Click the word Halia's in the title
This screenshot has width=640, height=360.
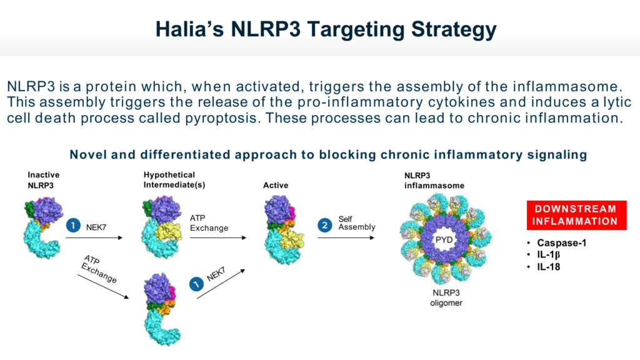click(x=189, y=29)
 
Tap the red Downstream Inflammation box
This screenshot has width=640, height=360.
click(x=576, y=215)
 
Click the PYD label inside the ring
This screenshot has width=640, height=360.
click(x=444, y=239)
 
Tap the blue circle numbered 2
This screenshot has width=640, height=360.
click(x=325, y=225)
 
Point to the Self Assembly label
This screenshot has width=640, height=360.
click(x=357, y=223)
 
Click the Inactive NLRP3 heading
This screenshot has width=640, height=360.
click(x=43, y=180)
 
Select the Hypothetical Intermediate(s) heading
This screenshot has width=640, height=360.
click(x=174, y=179)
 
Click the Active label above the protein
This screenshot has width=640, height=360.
click(x=276, y=185)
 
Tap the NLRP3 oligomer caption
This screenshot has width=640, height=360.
click(x=446, y=298)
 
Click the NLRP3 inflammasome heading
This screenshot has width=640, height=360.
click(x=434, y=181)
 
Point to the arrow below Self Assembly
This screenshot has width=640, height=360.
click(x=346, y=238)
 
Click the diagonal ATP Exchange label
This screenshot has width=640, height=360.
click(x=99, y=269)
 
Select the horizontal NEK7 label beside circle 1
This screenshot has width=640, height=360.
click(x=96, y=227)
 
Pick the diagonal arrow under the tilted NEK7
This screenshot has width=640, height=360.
click(x=221, y=284)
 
